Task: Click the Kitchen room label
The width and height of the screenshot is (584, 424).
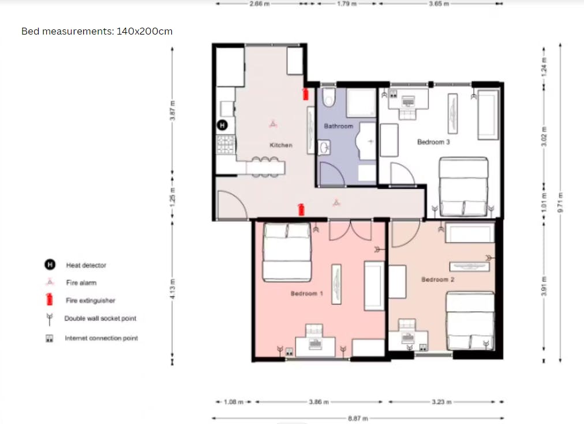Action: pos(281,145)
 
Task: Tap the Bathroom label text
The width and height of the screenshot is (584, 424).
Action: pos(338,126)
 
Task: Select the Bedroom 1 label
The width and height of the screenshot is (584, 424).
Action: pos(306,293)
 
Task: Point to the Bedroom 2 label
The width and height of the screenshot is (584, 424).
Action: pos(437,279)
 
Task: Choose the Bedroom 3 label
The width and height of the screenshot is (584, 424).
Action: pos(433,142)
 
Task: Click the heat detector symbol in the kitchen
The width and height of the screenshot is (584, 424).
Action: pos(222,125)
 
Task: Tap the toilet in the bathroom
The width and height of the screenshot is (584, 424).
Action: pos(328,97)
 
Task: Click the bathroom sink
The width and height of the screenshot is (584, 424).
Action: pos(324,147)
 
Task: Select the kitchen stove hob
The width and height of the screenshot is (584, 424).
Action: pos(226,144)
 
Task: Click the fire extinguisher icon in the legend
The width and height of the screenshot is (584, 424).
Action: pos(49,300)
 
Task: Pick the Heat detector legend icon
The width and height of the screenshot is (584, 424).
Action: pos(50,264)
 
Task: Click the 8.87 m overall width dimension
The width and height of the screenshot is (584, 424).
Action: pos(358,418)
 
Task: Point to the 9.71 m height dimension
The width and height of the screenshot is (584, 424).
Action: pos(560,203)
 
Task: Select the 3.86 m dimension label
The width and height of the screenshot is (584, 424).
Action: pos(319,402)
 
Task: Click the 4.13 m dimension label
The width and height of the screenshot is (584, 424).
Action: pos(172,289)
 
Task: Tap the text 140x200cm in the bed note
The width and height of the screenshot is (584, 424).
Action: pos(144,31)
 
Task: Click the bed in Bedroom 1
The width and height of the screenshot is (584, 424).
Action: pos(287,252)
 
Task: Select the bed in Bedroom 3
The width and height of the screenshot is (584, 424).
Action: pos(463,187)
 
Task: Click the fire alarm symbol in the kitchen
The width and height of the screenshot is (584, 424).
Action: pos(273,124)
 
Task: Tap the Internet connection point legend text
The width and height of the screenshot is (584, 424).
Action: pos(102,338)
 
